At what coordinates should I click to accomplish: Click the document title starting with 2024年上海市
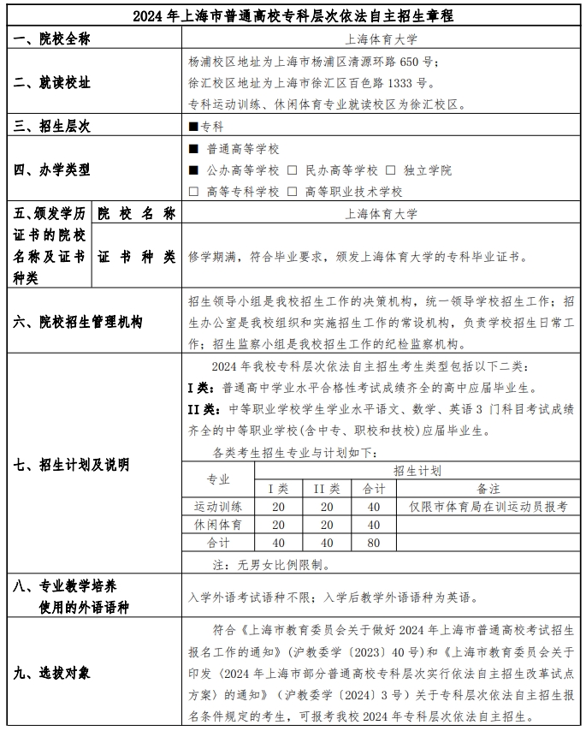coord(293,16)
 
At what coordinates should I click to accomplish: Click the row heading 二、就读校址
coord(53,83)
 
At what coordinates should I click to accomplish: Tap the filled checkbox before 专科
coord(193,127)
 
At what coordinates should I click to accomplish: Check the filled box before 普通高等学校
coord(193,149)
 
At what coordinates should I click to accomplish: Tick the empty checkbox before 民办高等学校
coord(292,170)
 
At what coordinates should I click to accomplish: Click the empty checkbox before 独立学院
coord(390,170)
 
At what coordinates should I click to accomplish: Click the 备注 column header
coord(488,489)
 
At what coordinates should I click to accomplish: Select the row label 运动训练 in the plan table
coord(218,507)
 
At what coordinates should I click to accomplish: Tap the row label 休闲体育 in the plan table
coord(218,524)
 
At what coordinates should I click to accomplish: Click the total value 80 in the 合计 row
coord(374,543)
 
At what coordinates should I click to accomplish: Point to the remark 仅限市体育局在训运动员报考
coord(488,507)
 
